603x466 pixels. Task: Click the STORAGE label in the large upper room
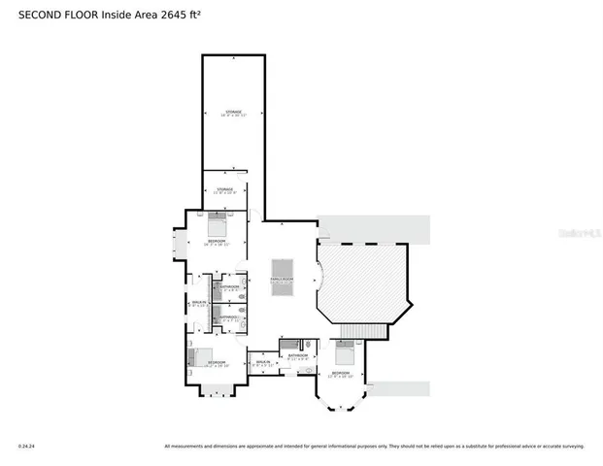[233, 112]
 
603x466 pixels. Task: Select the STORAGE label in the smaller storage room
[224, 189]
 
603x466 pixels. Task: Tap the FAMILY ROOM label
[282, 280]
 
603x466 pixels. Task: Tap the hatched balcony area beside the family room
[364, 282]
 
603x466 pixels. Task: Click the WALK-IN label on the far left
[199, 304]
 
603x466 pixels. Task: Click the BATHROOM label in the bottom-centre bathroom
[297, 355]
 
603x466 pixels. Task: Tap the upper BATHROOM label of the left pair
[229, 287]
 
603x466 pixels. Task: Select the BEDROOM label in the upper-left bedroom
[217, 241]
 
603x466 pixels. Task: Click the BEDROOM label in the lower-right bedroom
[340, 373]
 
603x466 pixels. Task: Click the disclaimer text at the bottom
[374, 447]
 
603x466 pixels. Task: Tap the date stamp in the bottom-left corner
[25, 447]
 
